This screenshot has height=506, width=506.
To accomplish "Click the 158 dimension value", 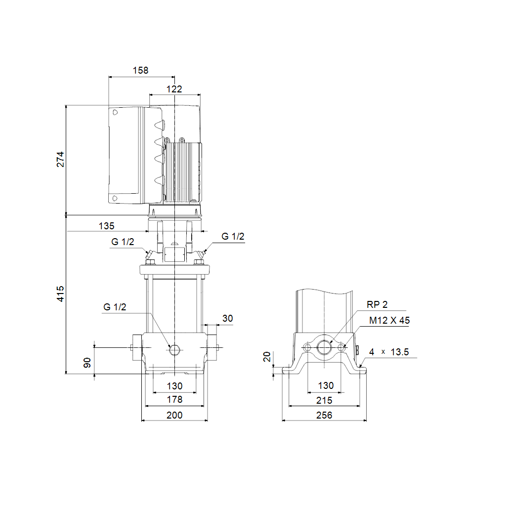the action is tap(140, 70).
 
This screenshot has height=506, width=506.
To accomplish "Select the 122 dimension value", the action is tap(174, 89).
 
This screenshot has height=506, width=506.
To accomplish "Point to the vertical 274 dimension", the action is tap(60, 160).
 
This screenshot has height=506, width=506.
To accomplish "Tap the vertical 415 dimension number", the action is tap(60, 294).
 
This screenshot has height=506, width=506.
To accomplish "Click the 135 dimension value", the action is tap(107, 226).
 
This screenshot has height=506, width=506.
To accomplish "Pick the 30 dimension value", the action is tap(227, 319).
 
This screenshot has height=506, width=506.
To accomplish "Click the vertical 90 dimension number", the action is tap(87, 363).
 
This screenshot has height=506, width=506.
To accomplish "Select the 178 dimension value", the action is tap(174, 399).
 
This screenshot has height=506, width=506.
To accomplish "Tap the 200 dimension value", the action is tap(174, 415).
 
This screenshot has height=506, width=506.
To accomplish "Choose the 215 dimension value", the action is tap(324, 400).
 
